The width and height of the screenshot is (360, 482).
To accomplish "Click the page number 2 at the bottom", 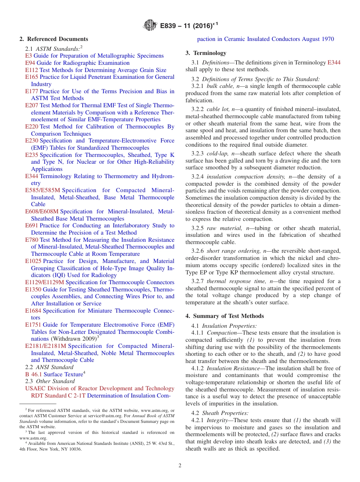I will click(x=180, y=466).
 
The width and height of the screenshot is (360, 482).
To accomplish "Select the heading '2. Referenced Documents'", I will click(x=53, y=39).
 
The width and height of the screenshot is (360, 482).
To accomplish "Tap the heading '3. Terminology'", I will click(x=206, y=53).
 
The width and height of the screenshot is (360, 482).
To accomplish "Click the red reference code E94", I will click(x=30, y=63).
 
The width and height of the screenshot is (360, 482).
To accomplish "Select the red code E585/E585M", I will click(x=42, y=190).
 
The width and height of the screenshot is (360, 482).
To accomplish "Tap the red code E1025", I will click(x=33, y=261).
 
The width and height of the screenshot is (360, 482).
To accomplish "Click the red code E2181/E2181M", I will click(x=45, y=346).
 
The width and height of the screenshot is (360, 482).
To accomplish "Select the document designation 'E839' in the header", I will click(x=168, y=26).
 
